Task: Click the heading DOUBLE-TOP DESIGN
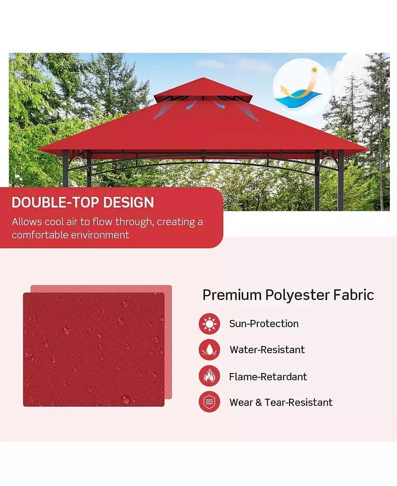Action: click(83, 202)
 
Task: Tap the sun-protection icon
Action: click(209, 324)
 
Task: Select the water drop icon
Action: click(209, 350)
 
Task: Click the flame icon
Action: click(209, 376)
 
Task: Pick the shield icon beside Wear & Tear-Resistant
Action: click(209, 402)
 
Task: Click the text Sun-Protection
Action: click(264, 324)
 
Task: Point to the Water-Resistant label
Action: click(267, 350)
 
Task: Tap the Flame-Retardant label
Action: click(268, 376)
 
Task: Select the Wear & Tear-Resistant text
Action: click(281, 402)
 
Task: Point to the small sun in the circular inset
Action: click(314, 70)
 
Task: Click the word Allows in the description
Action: click(27, 222)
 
